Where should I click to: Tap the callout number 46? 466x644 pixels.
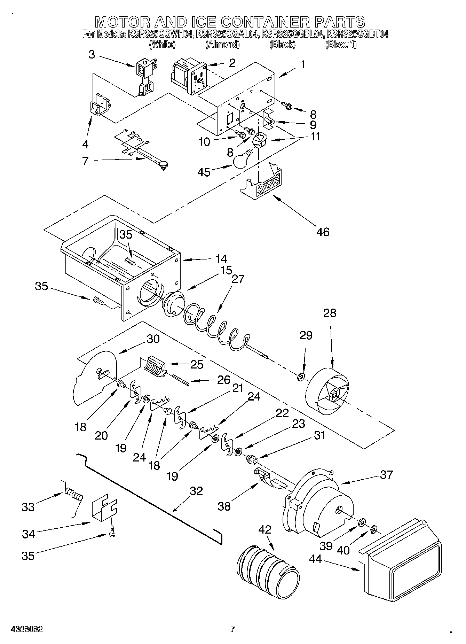323,231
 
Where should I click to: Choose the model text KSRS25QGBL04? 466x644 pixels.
293,34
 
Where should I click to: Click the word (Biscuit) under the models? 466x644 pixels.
341,45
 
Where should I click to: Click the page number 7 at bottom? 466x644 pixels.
232,629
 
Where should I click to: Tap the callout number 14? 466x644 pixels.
221,259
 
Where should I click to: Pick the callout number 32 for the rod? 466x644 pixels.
196,491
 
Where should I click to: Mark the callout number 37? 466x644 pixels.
386,474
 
